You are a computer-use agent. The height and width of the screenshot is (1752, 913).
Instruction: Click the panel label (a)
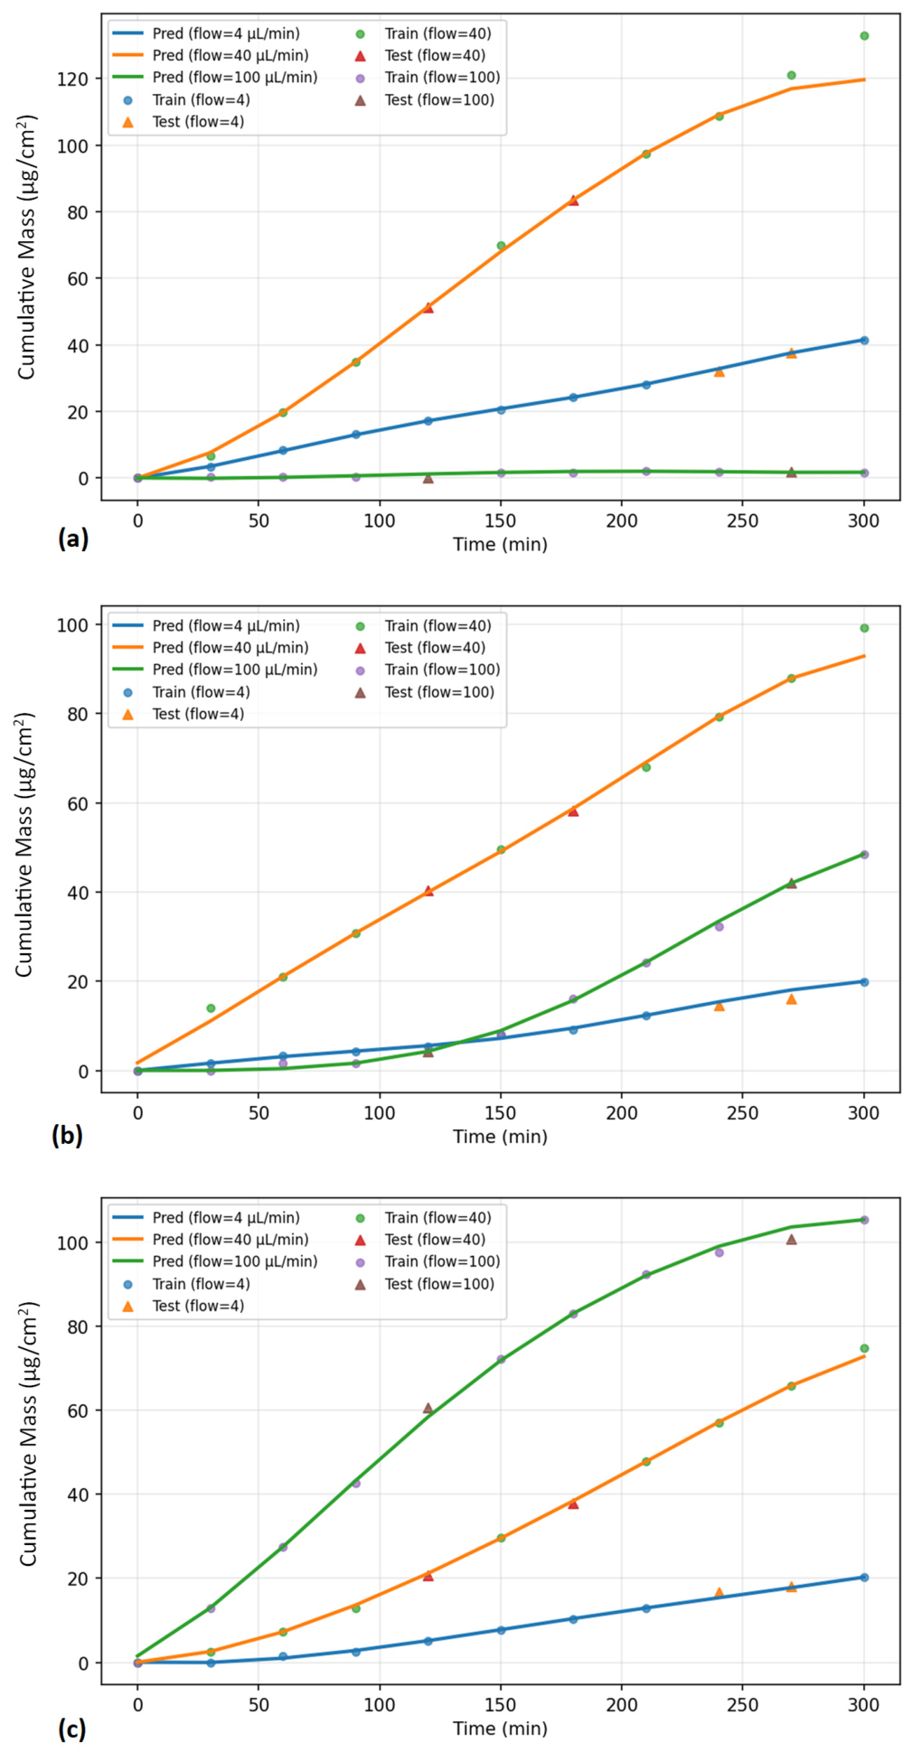[x=72, y=539]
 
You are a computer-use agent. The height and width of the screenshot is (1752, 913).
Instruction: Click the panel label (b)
[x=67, y=1135]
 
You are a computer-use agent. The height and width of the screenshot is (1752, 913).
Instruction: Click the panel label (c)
[x=71, y=1729]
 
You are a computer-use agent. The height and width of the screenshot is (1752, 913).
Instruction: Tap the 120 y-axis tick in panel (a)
[x=72, y=80]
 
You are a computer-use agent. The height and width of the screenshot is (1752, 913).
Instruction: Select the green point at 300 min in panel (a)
[x=864, y=36]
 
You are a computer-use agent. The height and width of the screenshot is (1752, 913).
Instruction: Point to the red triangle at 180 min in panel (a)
[x=573, y=201]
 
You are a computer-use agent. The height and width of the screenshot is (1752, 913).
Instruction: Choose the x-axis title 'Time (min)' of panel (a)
[x=500, y=544]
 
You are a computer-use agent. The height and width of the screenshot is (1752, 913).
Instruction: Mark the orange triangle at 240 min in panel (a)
[x=720, y=371]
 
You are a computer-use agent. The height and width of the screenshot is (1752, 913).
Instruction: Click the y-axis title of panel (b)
[x=24, y=844]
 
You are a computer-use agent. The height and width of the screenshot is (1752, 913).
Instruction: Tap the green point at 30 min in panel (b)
[x=211, y=1008]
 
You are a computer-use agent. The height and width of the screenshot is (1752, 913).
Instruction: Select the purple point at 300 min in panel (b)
[x=864, y=855]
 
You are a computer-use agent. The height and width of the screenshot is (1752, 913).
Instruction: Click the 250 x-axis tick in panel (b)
[x=742, y=1113]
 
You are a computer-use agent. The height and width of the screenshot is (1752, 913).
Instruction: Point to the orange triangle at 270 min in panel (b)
[x=792, y=998]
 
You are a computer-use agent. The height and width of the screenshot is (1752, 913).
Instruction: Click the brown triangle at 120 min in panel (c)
[x=428, y=1408]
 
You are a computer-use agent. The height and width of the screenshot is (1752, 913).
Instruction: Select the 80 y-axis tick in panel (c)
[x=77, y=1326]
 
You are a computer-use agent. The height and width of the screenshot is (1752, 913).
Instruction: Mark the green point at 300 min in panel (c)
[x=864, y=1348]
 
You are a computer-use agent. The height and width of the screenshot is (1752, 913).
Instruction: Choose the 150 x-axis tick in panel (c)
[x=500, y=1705]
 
